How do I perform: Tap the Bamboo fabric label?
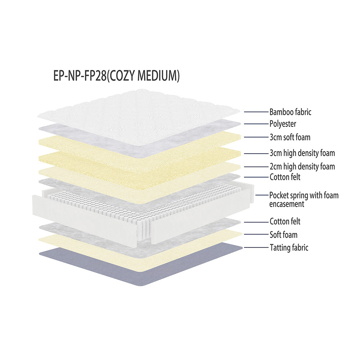click(290, 112)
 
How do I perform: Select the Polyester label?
click(283, 124)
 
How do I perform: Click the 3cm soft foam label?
click(290, 137)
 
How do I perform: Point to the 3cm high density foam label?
click(302, 153)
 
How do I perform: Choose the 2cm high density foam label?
click(302, 166)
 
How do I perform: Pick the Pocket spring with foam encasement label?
click(304, 199)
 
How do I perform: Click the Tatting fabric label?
click(289, 247)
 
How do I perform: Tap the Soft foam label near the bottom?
click(283, 235)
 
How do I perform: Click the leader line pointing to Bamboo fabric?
click(256, 112)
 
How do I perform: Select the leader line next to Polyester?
click(256, 124)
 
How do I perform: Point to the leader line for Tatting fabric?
click(256, 247)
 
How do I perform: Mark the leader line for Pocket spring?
click(261, 195)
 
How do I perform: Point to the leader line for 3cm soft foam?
click(256, 137)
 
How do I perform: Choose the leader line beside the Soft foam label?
click(256, 234)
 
